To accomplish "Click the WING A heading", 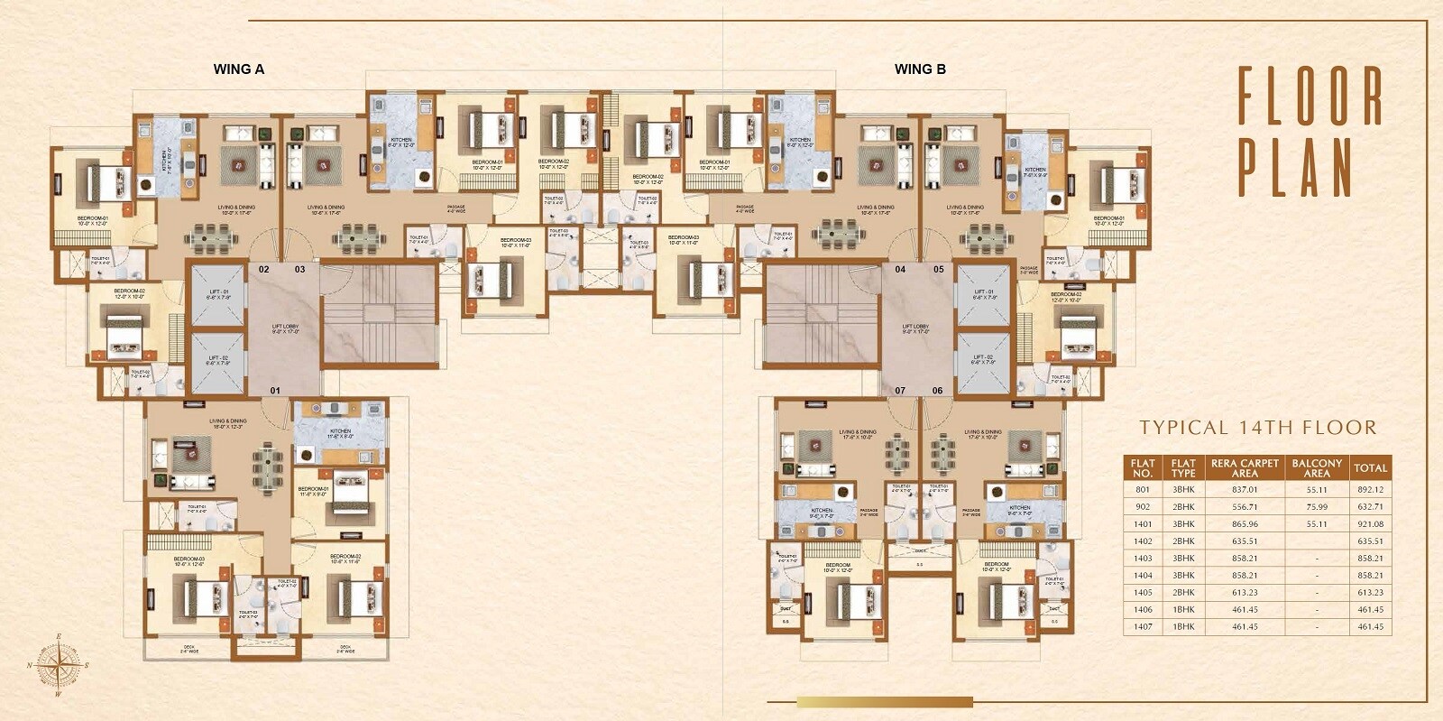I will [x=238, y=69].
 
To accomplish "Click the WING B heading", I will [x=919, y=69].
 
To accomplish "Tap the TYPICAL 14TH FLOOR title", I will [x=1257, y=428].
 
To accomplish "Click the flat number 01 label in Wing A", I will [x=276, y=391].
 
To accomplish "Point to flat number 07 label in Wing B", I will [x=900, y=391].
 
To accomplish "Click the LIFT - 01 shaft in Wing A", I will [x=218, y=294].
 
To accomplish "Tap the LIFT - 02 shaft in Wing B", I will [x=983, y=362].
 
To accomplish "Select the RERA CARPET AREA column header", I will [x=1245, y=467].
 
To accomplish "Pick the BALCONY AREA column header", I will [x=1316, y=467].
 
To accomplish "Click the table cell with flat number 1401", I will [x=1143, y=523].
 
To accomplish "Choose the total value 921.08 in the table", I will [x=1369, y=523].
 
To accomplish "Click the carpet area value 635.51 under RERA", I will [x=1244, y=541].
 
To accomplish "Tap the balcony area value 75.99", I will [x=1316, y=506].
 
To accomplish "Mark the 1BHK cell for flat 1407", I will [x=1183, y=627].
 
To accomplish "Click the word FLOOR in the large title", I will [x=1310, y=96].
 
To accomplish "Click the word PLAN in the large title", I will [x=1295, y=168].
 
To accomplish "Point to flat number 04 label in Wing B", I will [x=900, y=269].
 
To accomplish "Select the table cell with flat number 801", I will [x=1143, y=489].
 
